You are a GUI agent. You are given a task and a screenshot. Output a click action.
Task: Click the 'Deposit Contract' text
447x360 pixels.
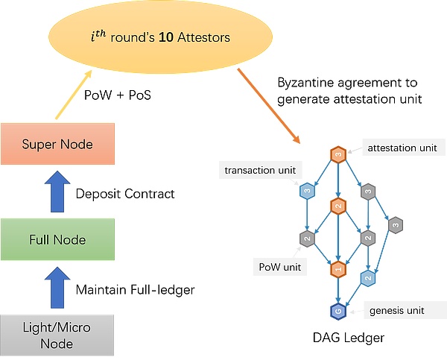[125, 194]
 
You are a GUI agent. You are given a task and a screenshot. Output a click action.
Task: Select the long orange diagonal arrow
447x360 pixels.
[269, 105]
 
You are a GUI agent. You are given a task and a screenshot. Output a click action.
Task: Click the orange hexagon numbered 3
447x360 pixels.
[337, 155]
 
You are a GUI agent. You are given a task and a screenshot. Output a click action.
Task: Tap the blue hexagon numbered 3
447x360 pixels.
[306, 192]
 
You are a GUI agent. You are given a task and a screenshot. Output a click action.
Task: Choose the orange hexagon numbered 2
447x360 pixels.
[337, 205]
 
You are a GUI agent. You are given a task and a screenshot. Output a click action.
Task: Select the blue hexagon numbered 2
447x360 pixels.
[367, 277]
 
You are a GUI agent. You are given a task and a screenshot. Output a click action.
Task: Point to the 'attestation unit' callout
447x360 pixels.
[403, 148]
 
